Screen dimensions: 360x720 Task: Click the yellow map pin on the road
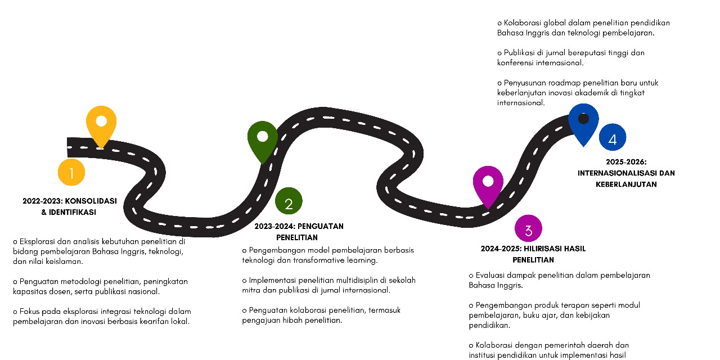coord(101,124)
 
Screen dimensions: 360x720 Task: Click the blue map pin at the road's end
coord(583,121)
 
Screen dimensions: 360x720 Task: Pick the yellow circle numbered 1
coord(71,173)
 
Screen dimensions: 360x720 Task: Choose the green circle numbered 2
coord(289,201)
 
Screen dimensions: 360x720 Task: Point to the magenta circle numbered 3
coord(528,229)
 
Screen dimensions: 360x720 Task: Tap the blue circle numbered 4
coord(612,138)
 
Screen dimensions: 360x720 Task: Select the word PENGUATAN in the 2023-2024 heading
coord(320,227)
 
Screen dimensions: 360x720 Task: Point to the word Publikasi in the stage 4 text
coord(521,53)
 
